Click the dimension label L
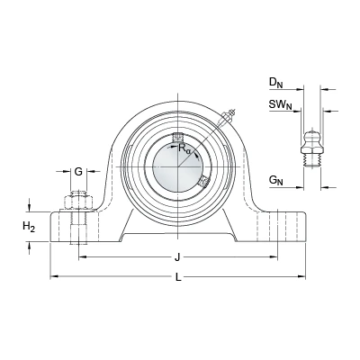point(178,277)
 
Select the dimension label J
point(177,257)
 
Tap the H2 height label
point(29,227)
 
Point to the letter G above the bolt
point(78,172)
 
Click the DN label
point(275,83)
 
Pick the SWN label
point(281,105)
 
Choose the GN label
point(276,181)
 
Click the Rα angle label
point(184,148)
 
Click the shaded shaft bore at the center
point(178,166)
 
